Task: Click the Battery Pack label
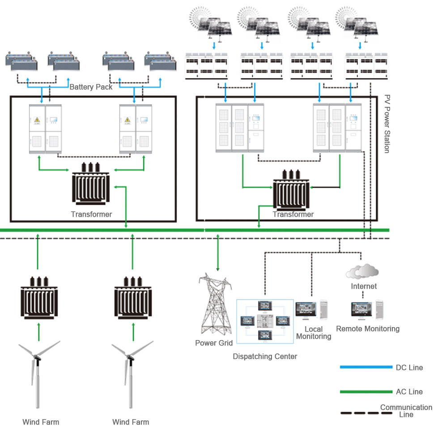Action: click(91, 87)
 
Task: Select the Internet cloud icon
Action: click(362, 271)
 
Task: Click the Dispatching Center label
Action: click(265, 357)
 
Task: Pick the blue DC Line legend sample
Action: click(366, 367)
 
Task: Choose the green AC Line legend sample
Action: click(366, 392)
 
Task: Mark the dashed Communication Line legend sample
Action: click(366, 413)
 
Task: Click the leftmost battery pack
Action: click(21, 61)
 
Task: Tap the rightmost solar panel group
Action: click(360, 22)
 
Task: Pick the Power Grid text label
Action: click(214, 343)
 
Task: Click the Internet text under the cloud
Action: click(364, 286)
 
